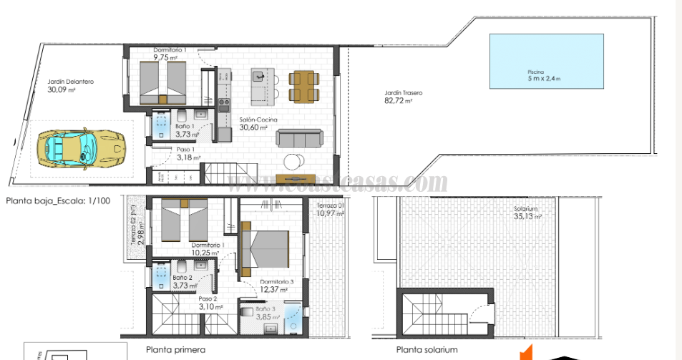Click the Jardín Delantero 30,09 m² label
coord(70,86)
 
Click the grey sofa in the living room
coord(299,138)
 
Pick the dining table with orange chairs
coord(301,86)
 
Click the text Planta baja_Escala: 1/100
coord(58,201)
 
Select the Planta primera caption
coord(175,350)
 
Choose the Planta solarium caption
coord(427,350)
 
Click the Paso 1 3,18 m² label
coord(188,153)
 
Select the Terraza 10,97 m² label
coord(331,210)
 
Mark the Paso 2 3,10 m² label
coord(210,303)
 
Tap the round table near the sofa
coord(293,161)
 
